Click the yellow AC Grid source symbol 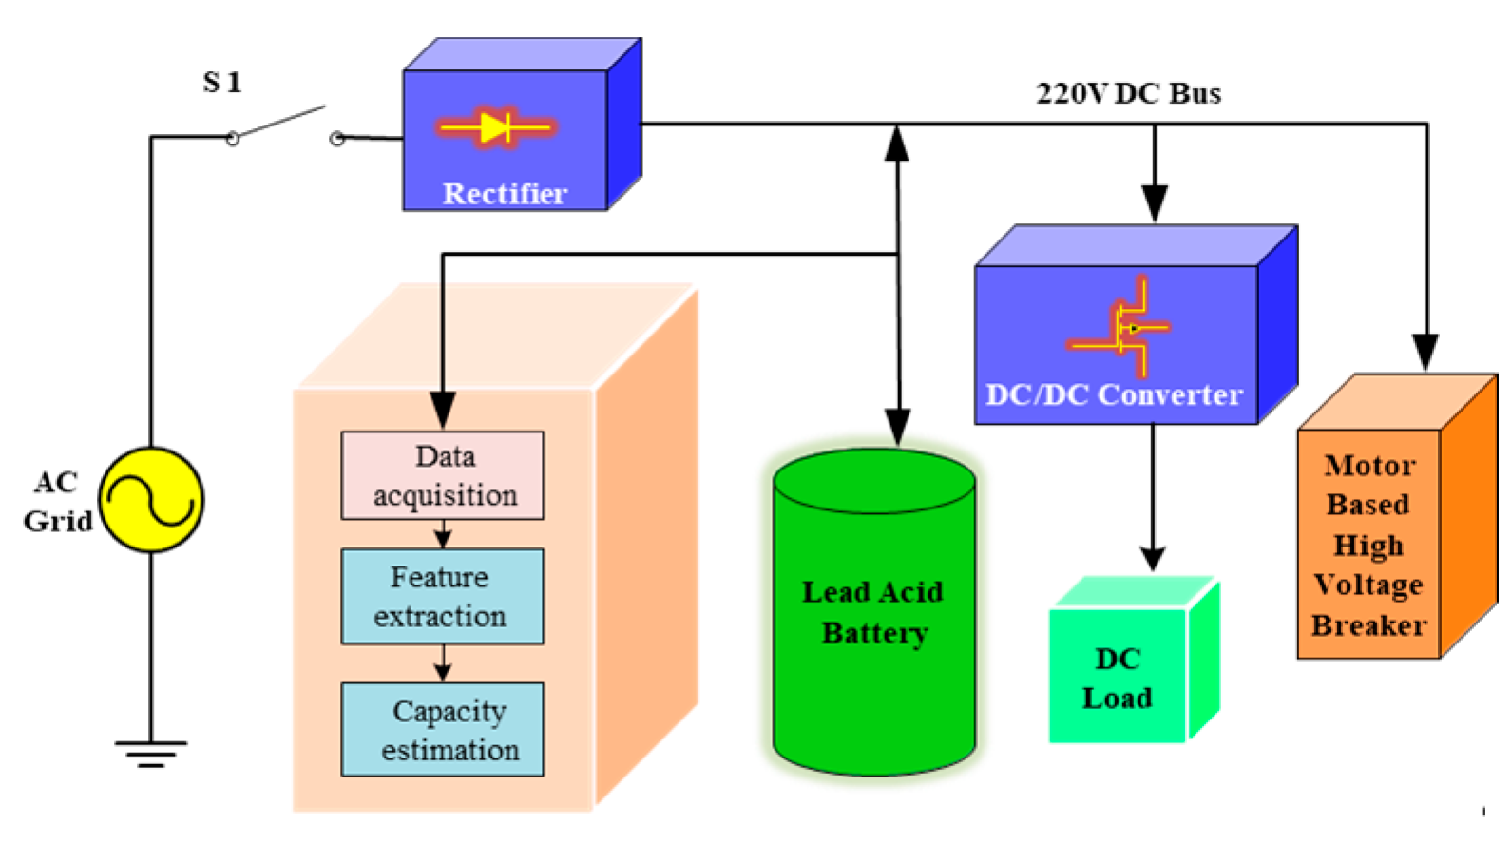(151, 500)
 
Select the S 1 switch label (222, 83)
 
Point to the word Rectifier (505, 194)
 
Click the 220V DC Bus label (1129, 94)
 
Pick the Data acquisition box (443, 475)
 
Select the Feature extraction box (443, 596)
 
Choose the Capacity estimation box (443, 729)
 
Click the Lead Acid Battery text (873, 612)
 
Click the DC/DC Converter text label (1114, 394)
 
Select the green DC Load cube (1134, 660)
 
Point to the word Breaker (1368, 625)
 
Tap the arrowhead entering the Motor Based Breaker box (1425, 353)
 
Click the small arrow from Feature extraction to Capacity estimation (443, 663)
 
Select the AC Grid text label (57, 501)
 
